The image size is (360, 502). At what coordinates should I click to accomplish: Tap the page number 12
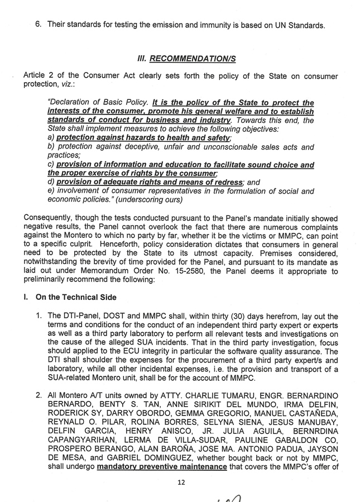180,482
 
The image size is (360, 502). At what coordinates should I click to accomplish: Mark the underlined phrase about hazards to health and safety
143,137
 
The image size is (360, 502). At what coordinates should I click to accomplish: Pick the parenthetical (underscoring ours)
151,199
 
